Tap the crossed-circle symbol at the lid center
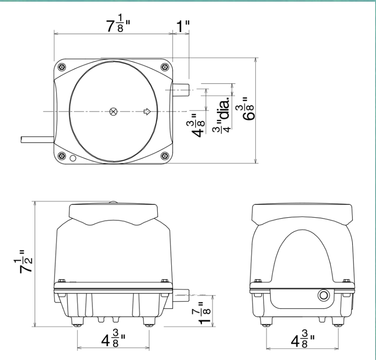point(113,111)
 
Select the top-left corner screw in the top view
point(62,67)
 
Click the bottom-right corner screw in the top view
point(164,155)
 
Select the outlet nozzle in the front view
point(181,292)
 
